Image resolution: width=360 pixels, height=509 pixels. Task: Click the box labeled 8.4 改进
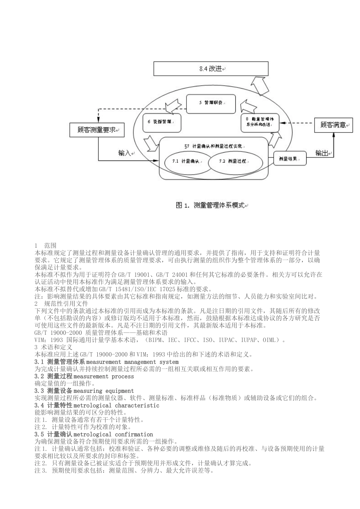pos(211,69)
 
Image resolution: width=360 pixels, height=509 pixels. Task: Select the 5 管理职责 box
pos(211,103)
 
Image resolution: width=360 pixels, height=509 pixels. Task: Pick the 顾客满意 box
pos(333,125)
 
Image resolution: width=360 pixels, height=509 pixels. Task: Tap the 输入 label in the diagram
pos(125,153)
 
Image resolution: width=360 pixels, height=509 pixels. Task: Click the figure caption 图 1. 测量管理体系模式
pos(211,205)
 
